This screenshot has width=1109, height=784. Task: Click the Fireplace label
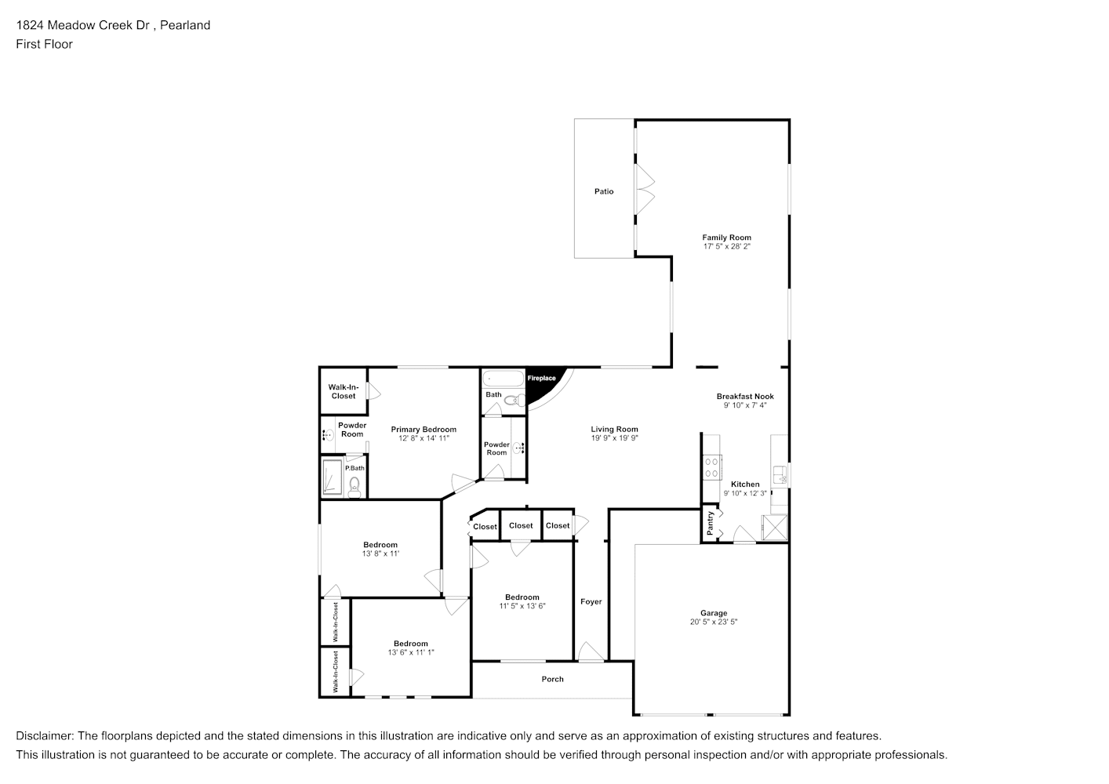click(541, 378)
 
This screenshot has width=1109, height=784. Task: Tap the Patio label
click(603, 191)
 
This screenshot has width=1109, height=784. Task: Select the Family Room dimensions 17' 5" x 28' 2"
click(727, 246)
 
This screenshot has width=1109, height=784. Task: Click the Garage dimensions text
click(714, 622)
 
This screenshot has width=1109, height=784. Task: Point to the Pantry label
click(710, 523)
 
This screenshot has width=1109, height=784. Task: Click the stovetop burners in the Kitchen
click(711, 467)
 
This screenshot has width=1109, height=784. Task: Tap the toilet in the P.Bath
click(354, 486)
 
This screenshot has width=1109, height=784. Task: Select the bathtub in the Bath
click(503, 379)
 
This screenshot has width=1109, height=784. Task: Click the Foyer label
click(591, 602)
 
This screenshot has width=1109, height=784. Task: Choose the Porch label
click(552, 680)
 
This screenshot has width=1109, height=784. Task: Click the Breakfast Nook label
click(745, 397)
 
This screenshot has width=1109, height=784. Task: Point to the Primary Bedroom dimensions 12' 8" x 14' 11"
click(424, 438)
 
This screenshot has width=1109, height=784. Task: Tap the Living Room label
click(614, 430)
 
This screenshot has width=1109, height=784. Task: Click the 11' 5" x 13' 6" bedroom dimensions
click(522, 606)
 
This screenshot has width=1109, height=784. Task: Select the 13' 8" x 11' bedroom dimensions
click(380, 554)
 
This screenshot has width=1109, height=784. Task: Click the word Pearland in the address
click(185, 25)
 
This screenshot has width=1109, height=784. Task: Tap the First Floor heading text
click(44, 44)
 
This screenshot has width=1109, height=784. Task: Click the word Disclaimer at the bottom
click(44, 736)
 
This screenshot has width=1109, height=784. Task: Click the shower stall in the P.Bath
click(333, 477)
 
